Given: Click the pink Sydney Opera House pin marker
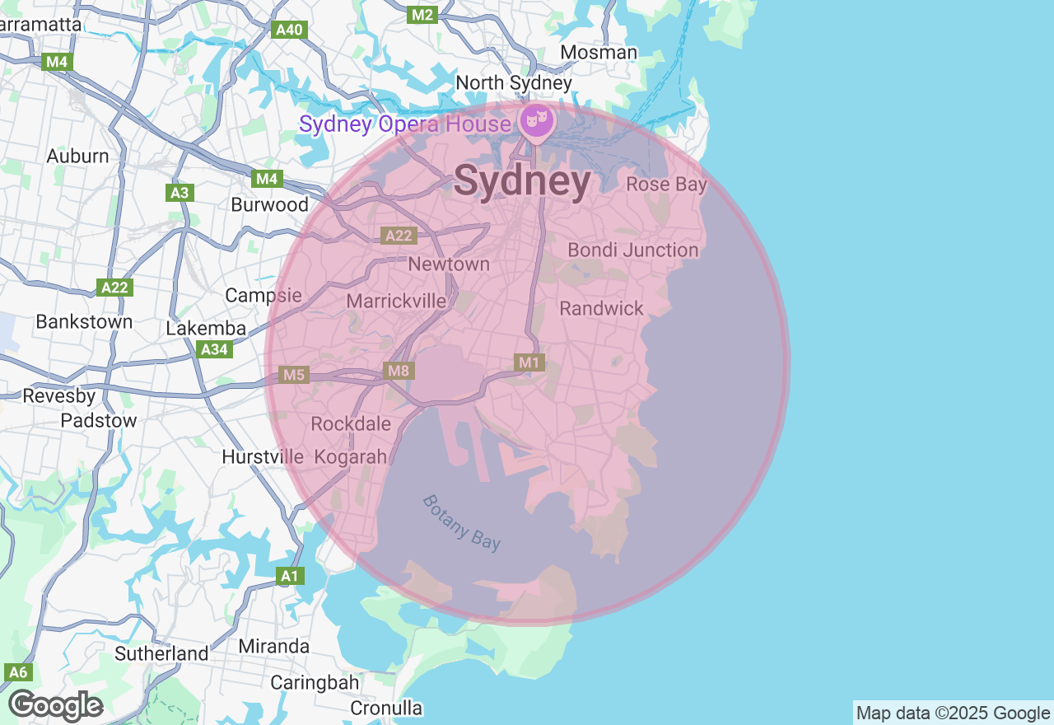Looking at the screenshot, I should [537, 121].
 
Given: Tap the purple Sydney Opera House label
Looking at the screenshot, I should [404, 124].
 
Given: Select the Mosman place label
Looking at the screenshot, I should [599, 53].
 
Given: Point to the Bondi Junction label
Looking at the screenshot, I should [632, 250].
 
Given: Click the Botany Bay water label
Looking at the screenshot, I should [461, 522].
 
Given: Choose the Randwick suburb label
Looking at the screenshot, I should [601, 308].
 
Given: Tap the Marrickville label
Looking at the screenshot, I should [396, 301].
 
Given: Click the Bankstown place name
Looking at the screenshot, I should [84, 321].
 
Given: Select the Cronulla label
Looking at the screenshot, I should [386, 708].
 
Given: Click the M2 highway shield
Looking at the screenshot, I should [422, 15].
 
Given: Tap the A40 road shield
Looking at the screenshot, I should [290, 30].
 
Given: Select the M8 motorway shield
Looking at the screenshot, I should [399, 371].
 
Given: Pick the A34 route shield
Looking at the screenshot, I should [215, 350].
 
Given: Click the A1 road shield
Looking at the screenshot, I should [289, 576].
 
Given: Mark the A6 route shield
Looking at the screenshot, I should [18, 672].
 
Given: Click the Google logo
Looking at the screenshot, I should [56, 706].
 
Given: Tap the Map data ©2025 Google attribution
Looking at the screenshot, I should [953, 713].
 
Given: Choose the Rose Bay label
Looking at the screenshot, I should [666, 184].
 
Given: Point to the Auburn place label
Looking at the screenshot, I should [77, 156].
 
